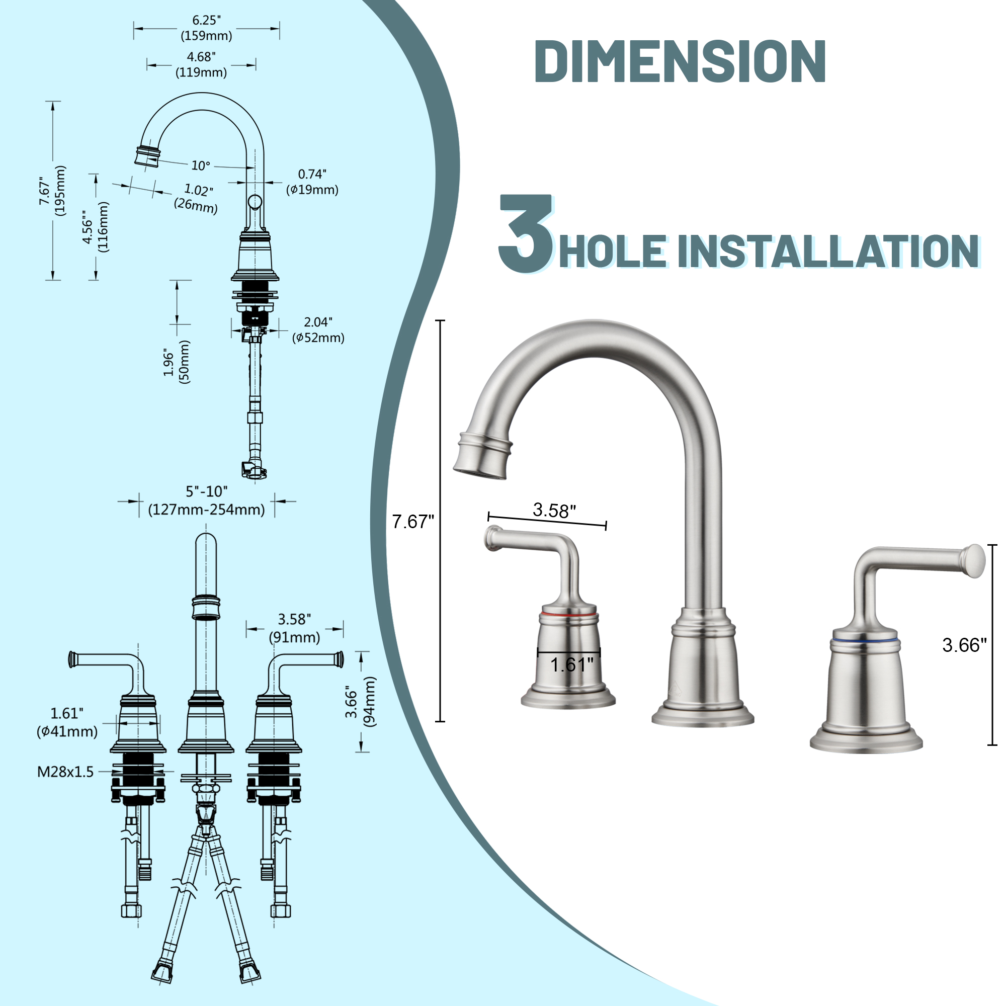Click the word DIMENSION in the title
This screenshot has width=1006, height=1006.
(x=680, y=61)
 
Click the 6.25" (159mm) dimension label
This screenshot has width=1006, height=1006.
(x=206, y=28)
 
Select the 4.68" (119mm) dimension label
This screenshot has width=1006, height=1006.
(x=201, y=64)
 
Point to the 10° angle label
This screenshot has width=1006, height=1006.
(x=201, y=165)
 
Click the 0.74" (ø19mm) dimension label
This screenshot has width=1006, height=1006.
(x=312, y=182)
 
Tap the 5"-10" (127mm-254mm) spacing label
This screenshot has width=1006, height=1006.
(x=207, y=500)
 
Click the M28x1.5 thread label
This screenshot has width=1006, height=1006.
(x=65, y=772)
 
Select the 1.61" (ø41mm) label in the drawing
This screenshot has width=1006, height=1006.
(x=67, y=722)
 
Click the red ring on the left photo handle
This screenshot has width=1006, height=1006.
(x=568, y=615)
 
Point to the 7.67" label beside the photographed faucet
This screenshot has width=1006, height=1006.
(x=413, y=521)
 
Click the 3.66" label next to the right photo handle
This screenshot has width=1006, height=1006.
(x=964, y=645)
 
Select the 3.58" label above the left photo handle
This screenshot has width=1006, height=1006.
(x=554, y=510)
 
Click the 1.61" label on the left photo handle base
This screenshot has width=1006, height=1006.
(x=572, y=665)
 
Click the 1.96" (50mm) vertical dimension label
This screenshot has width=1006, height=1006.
(x=177, y=362)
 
